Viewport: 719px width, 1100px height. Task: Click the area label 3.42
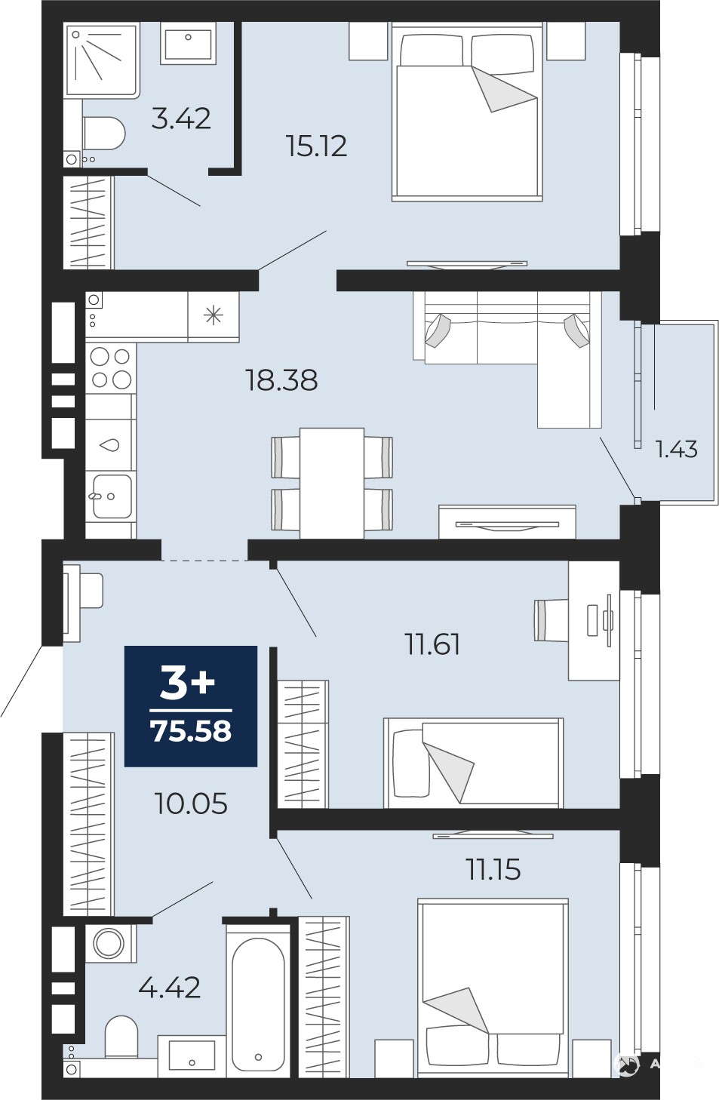(181, 119)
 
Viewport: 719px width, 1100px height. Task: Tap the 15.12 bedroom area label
(316, 146)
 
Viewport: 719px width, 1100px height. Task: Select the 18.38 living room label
(281, 380)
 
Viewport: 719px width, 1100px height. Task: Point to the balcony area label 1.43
(676, 449)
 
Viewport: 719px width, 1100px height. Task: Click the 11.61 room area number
(432, 644)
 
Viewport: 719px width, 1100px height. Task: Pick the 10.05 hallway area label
(191, 804)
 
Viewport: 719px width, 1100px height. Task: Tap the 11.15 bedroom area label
(493, 869)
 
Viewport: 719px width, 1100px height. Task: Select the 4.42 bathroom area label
(170, 988)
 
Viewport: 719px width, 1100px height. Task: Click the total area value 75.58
(191, 731)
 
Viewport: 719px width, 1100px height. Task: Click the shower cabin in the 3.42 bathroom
(102, 60)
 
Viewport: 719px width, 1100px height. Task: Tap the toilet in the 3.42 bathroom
(103, 133)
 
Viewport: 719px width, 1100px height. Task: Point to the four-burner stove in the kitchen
(111, 368)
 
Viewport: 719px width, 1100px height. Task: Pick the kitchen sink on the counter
(111, 496)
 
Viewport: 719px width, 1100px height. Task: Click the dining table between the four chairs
(332, 483)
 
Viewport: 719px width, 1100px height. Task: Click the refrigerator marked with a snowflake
(214, 315)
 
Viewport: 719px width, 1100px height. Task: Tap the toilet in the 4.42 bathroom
(121, 1030)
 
